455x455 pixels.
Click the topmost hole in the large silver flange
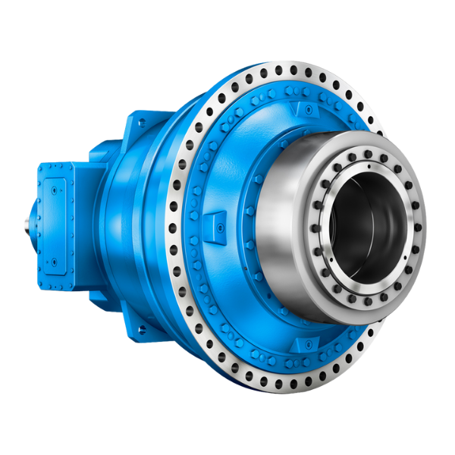point(293,70)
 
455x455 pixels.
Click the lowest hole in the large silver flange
point(286,384)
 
